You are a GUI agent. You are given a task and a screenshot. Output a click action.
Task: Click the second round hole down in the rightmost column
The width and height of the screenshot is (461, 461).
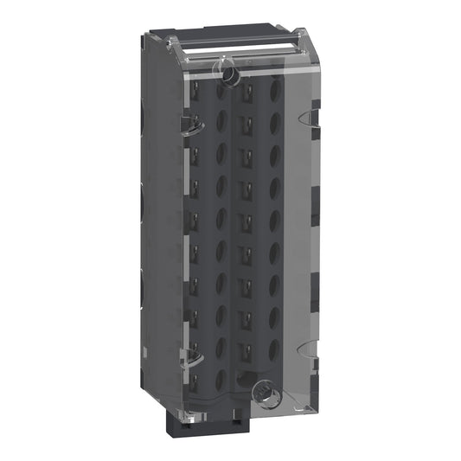[275, 119]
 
